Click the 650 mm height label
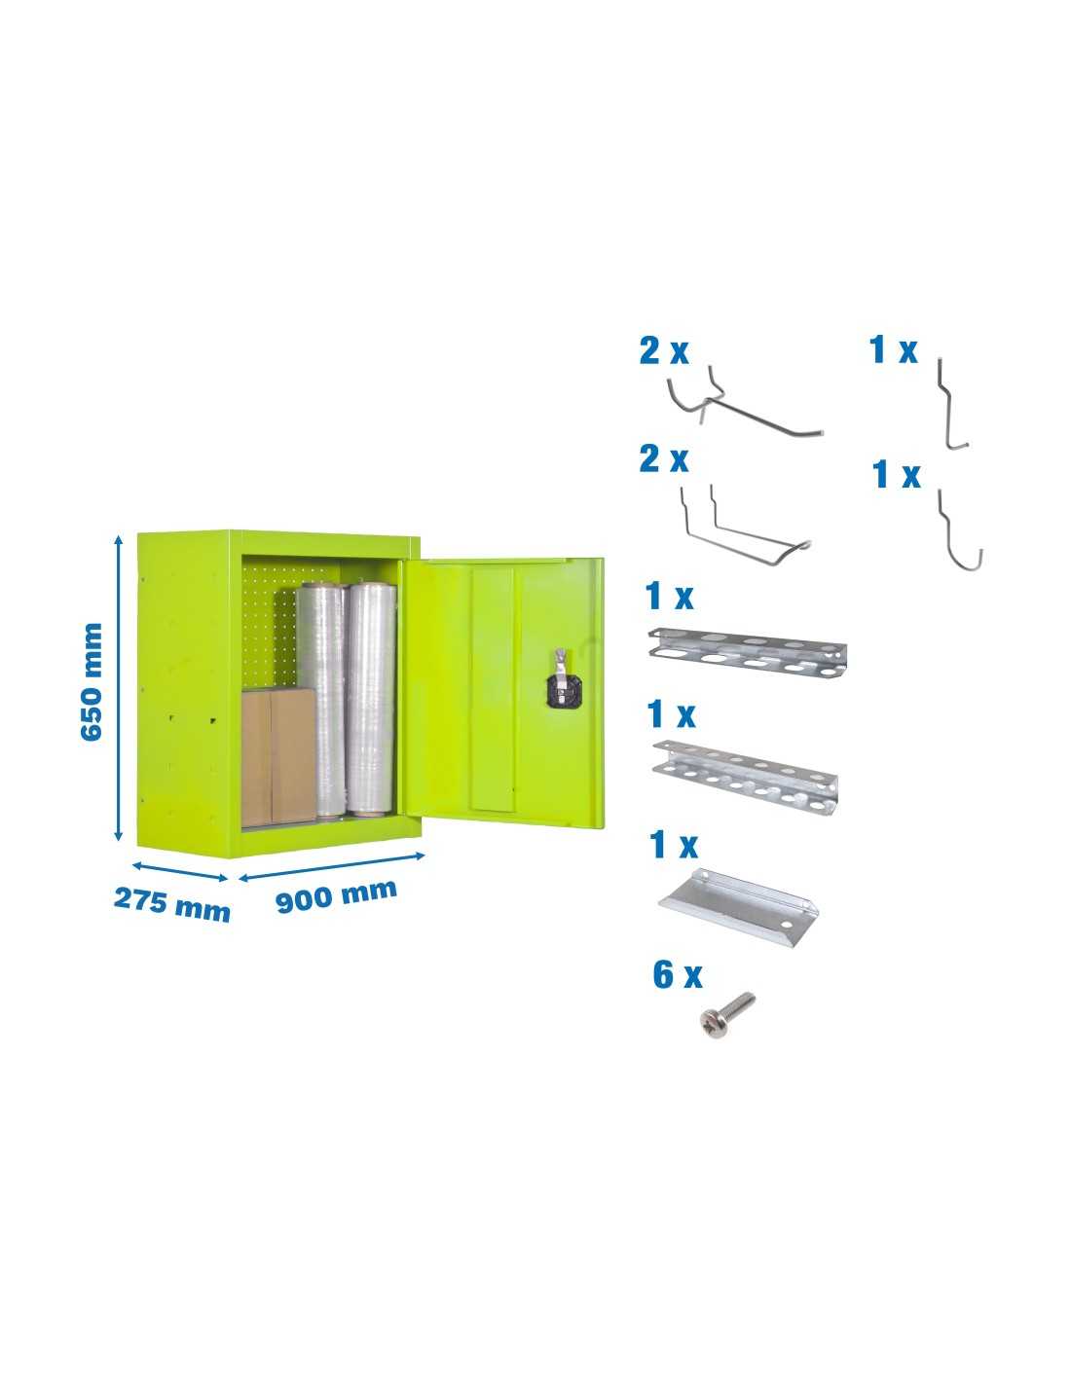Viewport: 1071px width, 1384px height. tap(92, 681)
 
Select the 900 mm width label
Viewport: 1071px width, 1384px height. tap(336, 894)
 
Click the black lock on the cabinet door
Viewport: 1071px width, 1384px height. tap(559, 687)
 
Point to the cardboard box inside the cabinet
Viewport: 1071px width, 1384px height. tap(278, 756)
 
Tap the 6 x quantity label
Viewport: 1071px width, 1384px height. tap(678, 975)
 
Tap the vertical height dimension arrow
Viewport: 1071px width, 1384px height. tap(118, 688)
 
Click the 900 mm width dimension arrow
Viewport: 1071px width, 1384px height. tap(332, 867)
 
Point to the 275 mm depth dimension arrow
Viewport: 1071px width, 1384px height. tap(180, 871)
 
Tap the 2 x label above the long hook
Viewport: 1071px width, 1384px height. tap(664, 351)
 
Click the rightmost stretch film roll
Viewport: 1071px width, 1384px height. tap(371, 698)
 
